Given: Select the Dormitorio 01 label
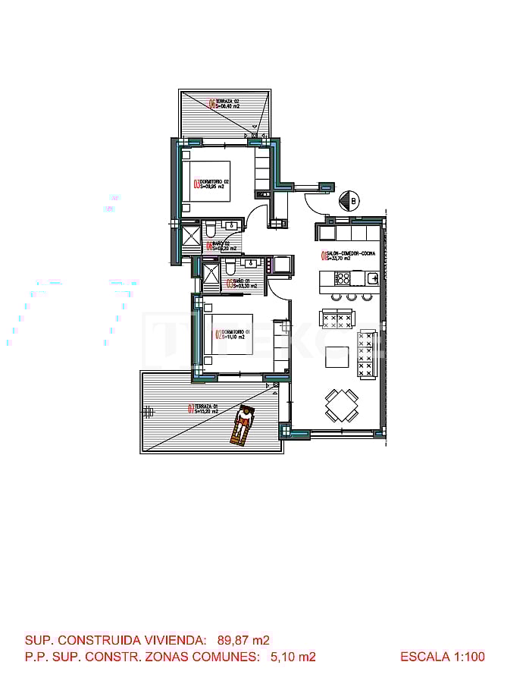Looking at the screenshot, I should click(x=232, y=334).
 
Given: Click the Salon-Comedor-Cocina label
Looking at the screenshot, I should click(x=348, y=256).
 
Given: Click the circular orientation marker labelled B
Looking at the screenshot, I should click(x=352, y=200).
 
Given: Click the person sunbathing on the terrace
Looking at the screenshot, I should click(x=243, y=425).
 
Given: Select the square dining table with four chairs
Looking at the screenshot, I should click(x=341, y=404).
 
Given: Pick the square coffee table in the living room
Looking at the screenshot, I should click(x=338, y=356).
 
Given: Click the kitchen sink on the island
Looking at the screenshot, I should click(x=372, y=278).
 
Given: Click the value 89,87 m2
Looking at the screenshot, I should click(x=243, y=639).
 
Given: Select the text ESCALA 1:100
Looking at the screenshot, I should click(x=443, y=657).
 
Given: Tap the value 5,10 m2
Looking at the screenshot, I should click(x=293, y=657).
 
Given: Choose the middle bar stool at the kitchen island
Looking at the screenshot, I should click(x=351, y=297).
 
